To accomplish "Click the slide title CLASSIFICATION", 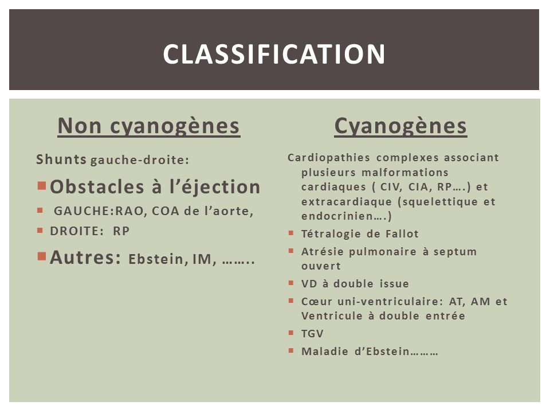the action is point(274,54).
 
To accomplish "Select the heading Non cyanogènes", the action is point(149,126).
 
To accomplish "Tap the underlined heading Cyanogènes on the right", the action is point(400,126).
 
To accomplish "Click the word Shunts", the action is point(61,159).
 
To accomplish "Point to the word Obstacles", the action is point(97,186).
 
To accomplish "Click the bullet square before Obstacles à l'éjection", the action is point(42,185).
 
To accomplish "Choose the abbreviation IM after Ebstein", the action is point(202,259).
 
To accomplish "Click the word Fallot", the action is point(402,234).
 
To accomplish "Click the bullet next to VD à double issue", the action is point(291,282).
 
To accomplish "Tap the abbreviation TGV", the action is point(312,334).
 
